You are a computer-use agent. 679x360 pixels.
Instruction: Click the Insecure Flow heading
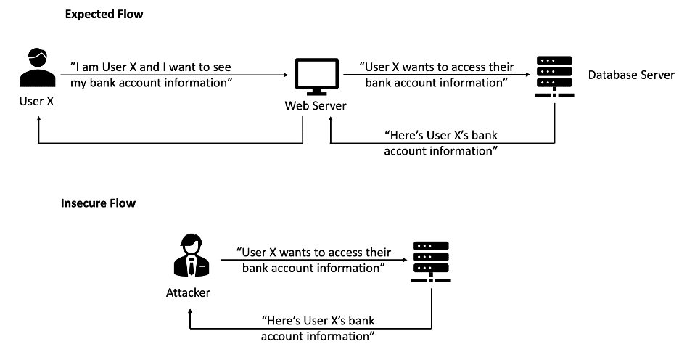(x=98, y=203)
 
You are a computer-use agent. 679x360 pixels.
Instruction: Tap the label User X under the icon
(x=36, y=102)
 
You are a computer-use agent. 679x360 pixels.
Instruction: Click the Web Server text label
(x=315, y=106)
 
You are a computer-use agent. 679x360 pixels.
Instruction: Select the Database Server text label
(x=631, y=75)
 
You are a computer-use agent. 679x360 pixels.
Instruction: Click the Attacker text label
(x=188, y=292)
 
